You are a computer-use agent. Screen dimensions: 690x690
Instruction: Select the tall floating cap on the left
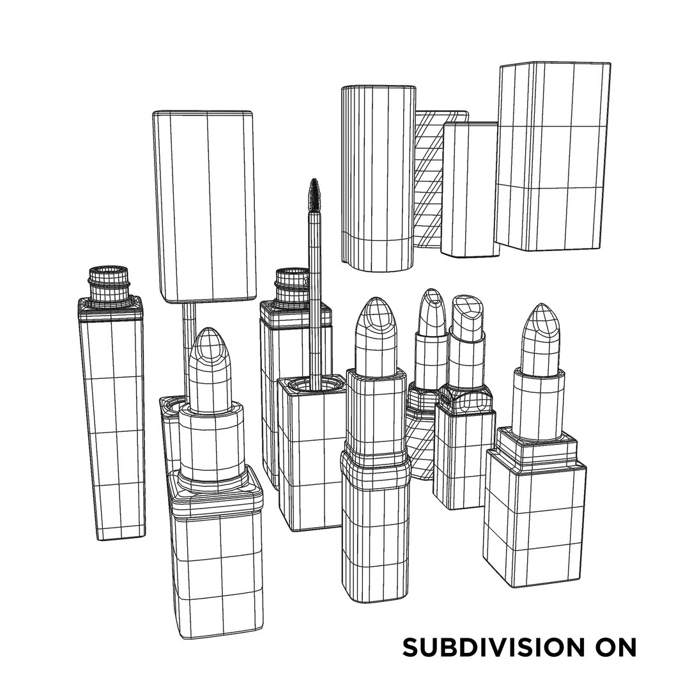[203, 204]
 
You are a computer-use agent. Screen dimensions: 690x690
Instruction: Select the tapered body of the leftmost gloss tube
[113, 422]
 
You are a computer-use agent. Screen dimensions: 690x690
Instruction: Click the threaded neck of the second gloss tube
[292, 284]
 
